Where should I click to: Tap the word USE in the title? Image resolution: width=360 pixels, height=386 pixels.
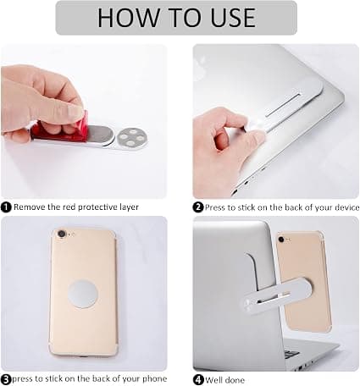pos(233,18)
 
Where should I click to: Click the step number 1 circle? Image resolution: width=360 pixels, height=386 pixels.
pos(6,207)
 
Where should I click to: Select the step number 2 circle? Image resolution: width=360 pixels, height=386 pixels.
pos(198,207)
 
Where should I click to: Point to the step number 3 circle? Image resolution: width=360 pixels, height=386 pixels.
pos(6,379)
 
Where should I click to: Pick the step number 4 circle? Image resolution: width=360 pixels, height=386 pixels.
pos(198,379)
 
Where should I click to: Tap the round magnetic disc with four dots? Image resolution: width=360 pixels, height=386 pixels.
pos(131,138)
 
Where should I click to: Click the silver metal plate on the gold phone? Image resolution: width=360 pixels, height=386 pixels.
pos(83,294)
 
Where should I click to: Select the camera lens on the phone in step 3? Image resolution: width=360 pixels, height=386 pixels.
pos(62,234)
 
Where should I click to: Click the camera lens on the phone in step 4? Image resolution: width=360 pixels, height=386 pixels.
pos(281,240)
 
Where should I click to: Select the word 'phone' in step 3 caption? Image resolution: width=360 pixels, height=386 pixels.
pos(154,379)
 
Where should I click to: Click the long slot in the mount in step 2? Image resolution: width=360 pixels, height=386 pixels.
pos(282,105)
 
